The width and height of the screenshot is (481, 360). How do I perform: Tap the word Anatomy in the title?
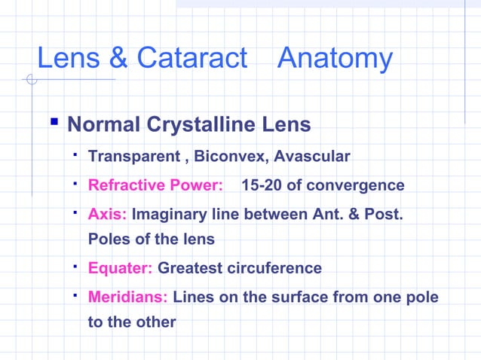(335, 59)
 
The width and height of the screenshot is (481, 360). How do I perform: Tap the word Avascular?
(312, 157)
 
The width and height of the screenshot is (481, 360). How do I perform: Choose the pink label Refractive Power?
(155, 185)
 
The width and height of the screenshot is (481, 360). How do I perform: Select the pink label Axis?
(108, 214)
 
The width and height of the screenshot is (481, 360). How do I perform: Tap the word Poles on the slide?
(109, 239)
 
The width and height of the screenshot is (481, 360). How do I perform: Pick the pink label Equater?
(121, 268)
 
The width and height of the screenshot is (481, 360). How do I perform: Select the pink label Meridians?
(128, 297)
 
